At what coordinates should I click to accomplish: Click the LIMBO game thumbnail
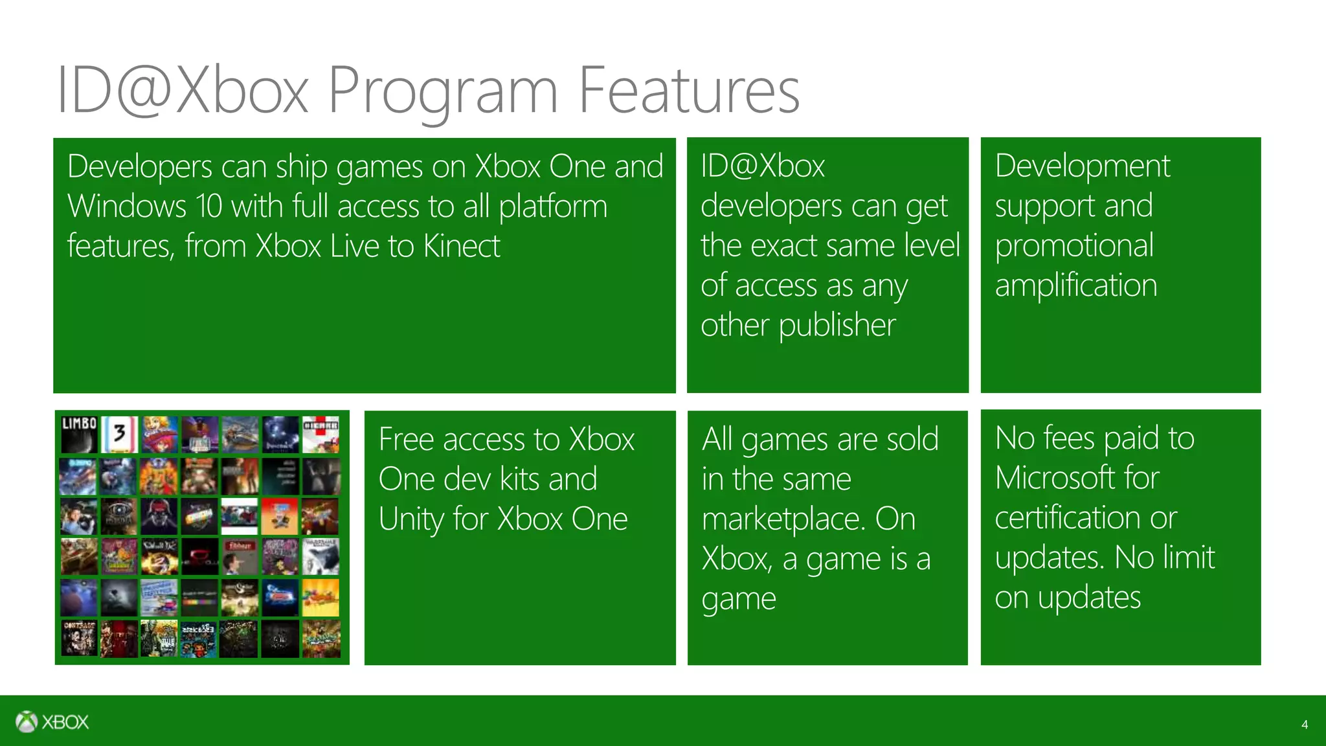point(79,434)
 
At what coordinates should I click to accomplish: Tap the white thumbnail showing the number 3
point(120,434)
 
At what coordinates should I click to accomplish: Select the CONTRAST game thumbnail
point(79,638)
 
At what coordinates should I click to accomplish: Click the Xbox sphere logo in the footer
point(27,721)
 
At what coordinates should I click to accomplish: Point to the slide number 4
point(1304,725)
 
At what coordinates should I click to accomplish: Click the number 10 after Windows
point(208,207)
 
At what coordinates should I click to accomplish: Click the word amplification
point(1075,286)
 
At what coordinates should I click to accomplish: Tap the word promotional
point(1074,246)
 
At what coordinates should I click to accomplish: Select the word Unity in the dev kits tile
point(410,519)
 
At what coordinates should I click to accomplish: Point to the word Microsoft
point(1077,478)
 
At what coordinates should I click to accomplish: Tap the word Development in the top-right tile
point(1082,166)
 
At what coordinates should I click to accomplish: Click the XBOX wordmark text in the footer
point(65,722)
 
